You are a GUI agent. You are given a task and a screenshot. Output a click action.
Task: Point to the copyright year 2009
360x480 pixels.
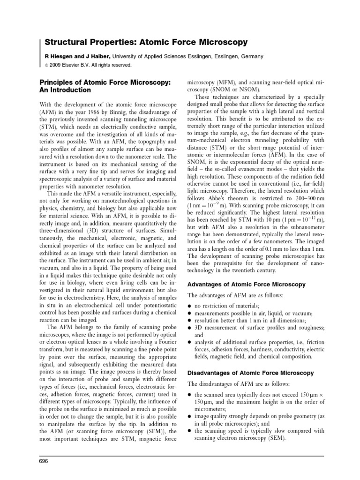pos(57,65)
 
